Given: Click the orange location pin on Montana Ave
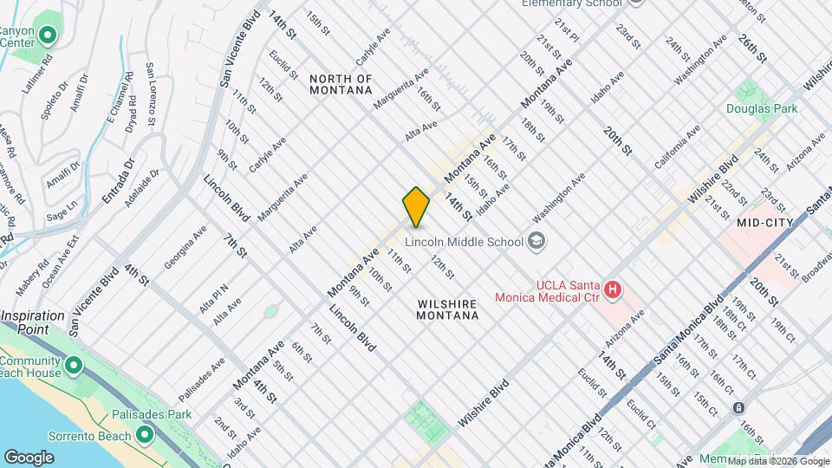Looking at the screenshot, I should click(416, 206).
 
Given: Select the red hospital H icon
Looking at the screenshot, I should click(613, 289).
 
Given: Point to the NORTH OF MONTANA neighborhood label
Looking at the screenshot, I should click(341, 84).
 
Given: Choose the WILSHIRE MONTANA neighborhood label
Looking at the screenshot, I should click(447, 309).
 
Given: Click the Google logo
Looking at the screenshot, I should click(29, 457).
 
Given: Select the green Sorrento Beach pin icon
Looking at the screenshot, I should click(145, 433).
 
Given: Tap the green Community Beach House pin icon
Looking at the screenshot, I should click(73, 366).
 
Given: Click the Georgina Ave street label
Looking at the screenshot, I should click(185, 246).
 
